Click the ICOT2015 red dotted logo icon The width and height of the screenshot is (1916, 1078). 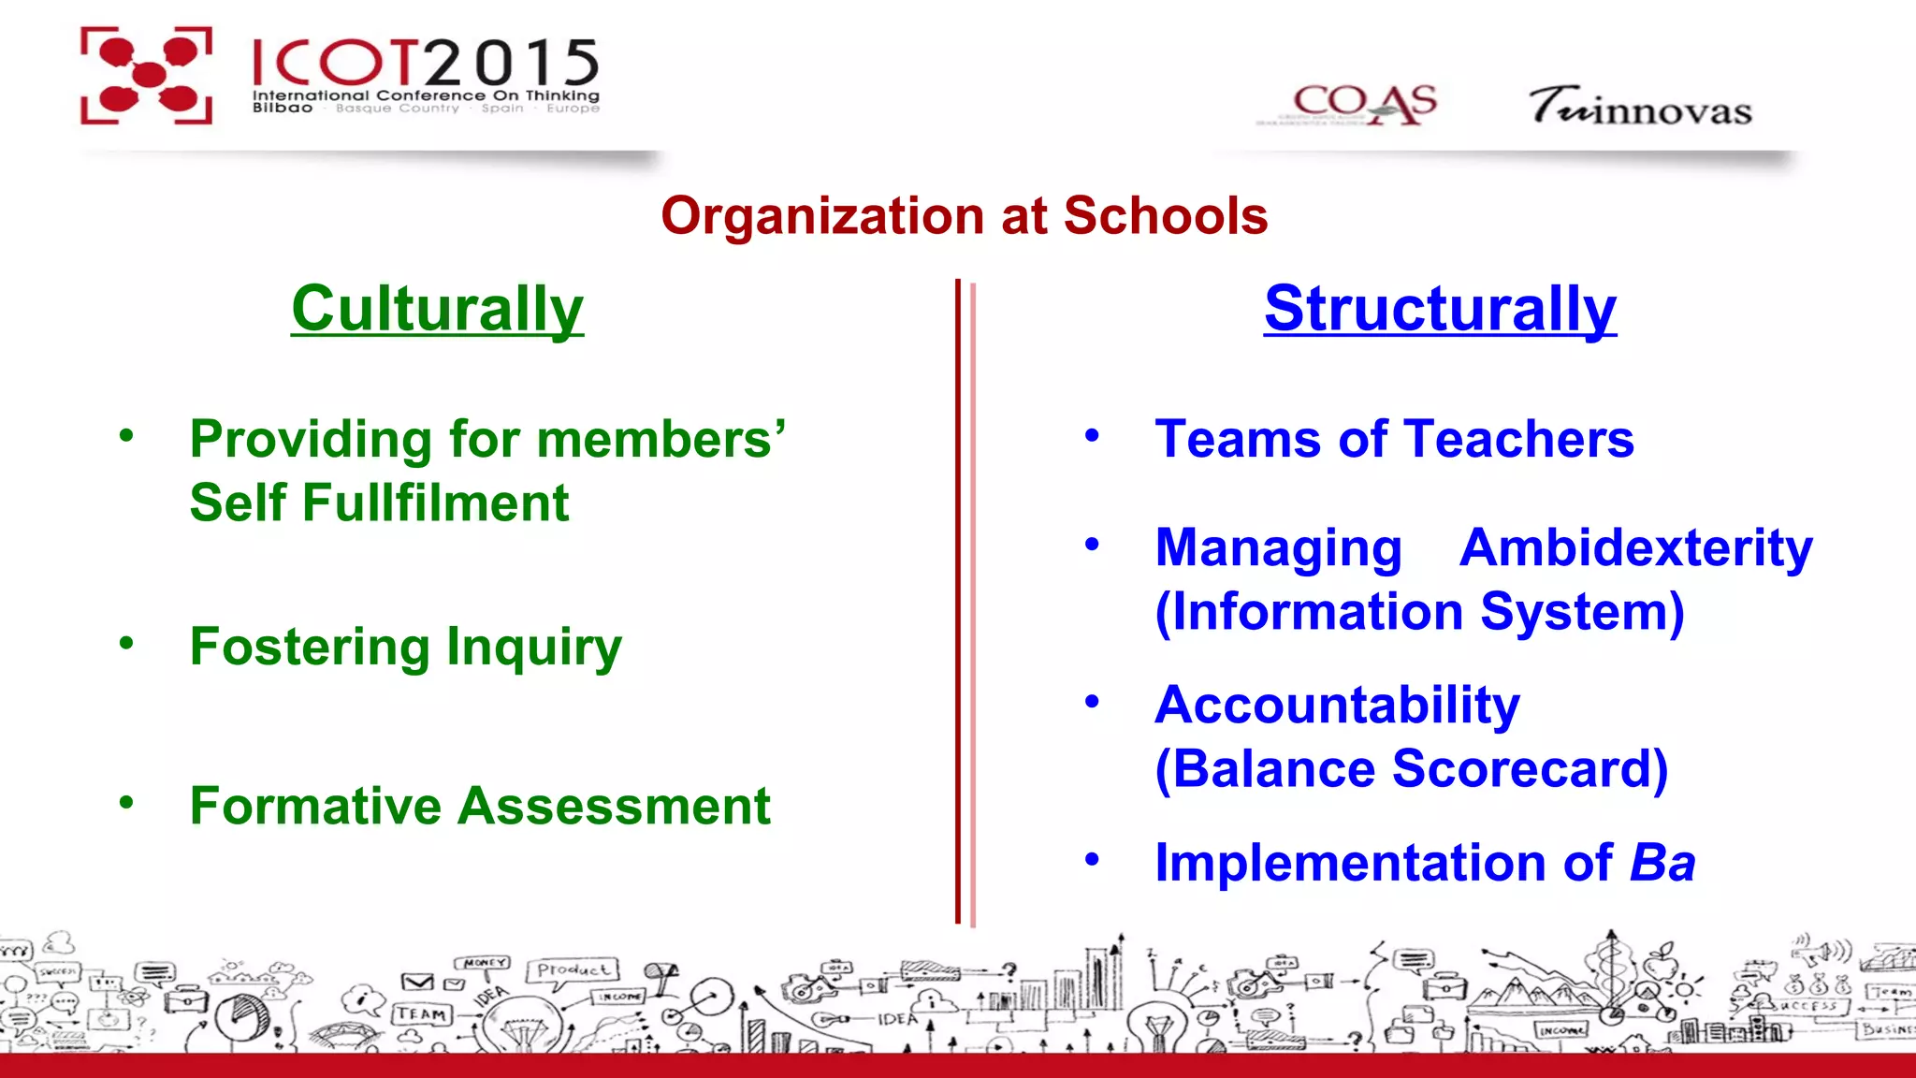point(146,75)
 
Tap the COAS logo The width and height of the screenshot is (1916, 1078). point(1363,104)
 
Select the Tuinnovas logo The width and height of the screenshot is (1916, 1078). point(1640,106)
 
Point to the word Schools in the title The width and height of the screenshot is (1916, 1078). point(1165,216)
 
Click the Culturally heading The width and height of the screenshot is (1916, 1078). point(437,309)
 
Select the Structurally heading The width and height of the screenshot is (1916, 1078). point(1440,309)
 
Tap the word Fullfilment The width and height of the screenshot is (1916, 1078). point(435,503)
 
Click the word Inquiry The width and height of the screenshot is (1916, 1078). point(534,648)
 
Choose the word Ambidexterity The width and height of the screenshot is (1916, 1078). point(1635,548)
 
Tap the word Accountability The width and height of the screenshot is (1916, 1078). point(1337,706)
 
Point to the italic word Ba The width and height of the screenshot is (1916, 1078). point(1662,863)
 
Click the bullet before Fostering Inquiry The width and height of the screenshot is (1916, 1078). point(126,643)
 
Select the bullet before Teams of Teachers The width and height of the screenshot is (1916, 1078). point(1092,435)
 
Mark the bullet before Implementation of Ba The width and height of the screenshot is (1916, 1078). point(1092,858)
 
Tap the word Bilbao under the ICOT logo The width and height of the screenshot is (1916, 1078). point(283,109)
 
